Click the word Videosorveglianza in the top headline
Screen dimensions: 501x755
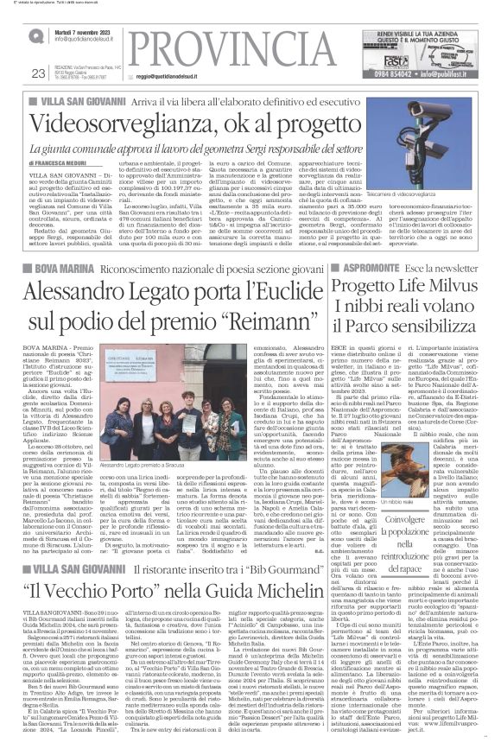pos(112,125)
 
